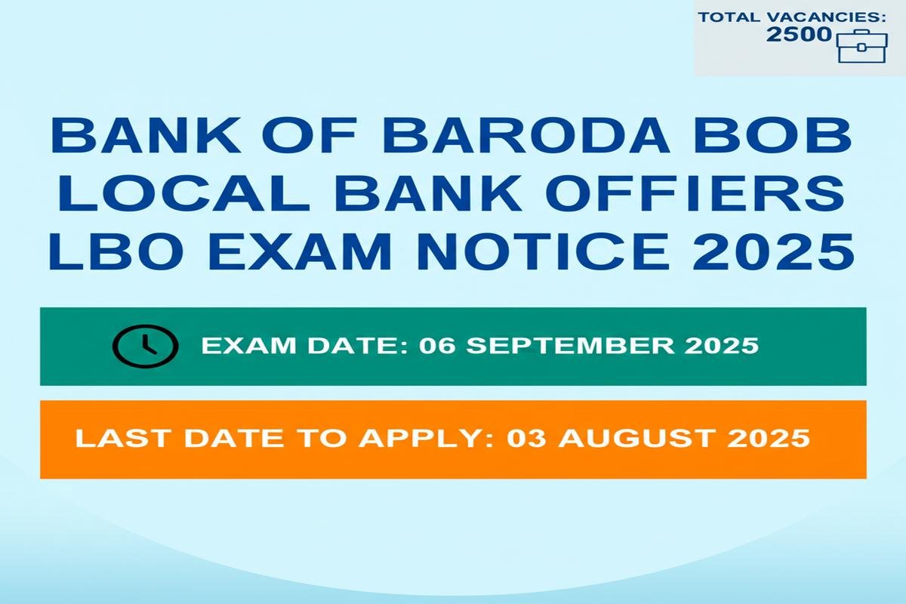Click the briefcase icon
point(861,46)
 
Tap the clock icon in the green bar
point(145,346)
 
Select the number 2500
point(799,35)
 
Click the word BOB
point(773,135)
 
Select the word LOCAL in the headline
point(183,193)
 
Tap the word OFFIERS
point(698,193)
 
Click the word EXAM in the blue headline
point(300,251)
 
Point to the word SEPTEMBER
point(570,346)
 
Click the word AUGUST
point(635,438)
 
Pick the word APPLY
point(427,438)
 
